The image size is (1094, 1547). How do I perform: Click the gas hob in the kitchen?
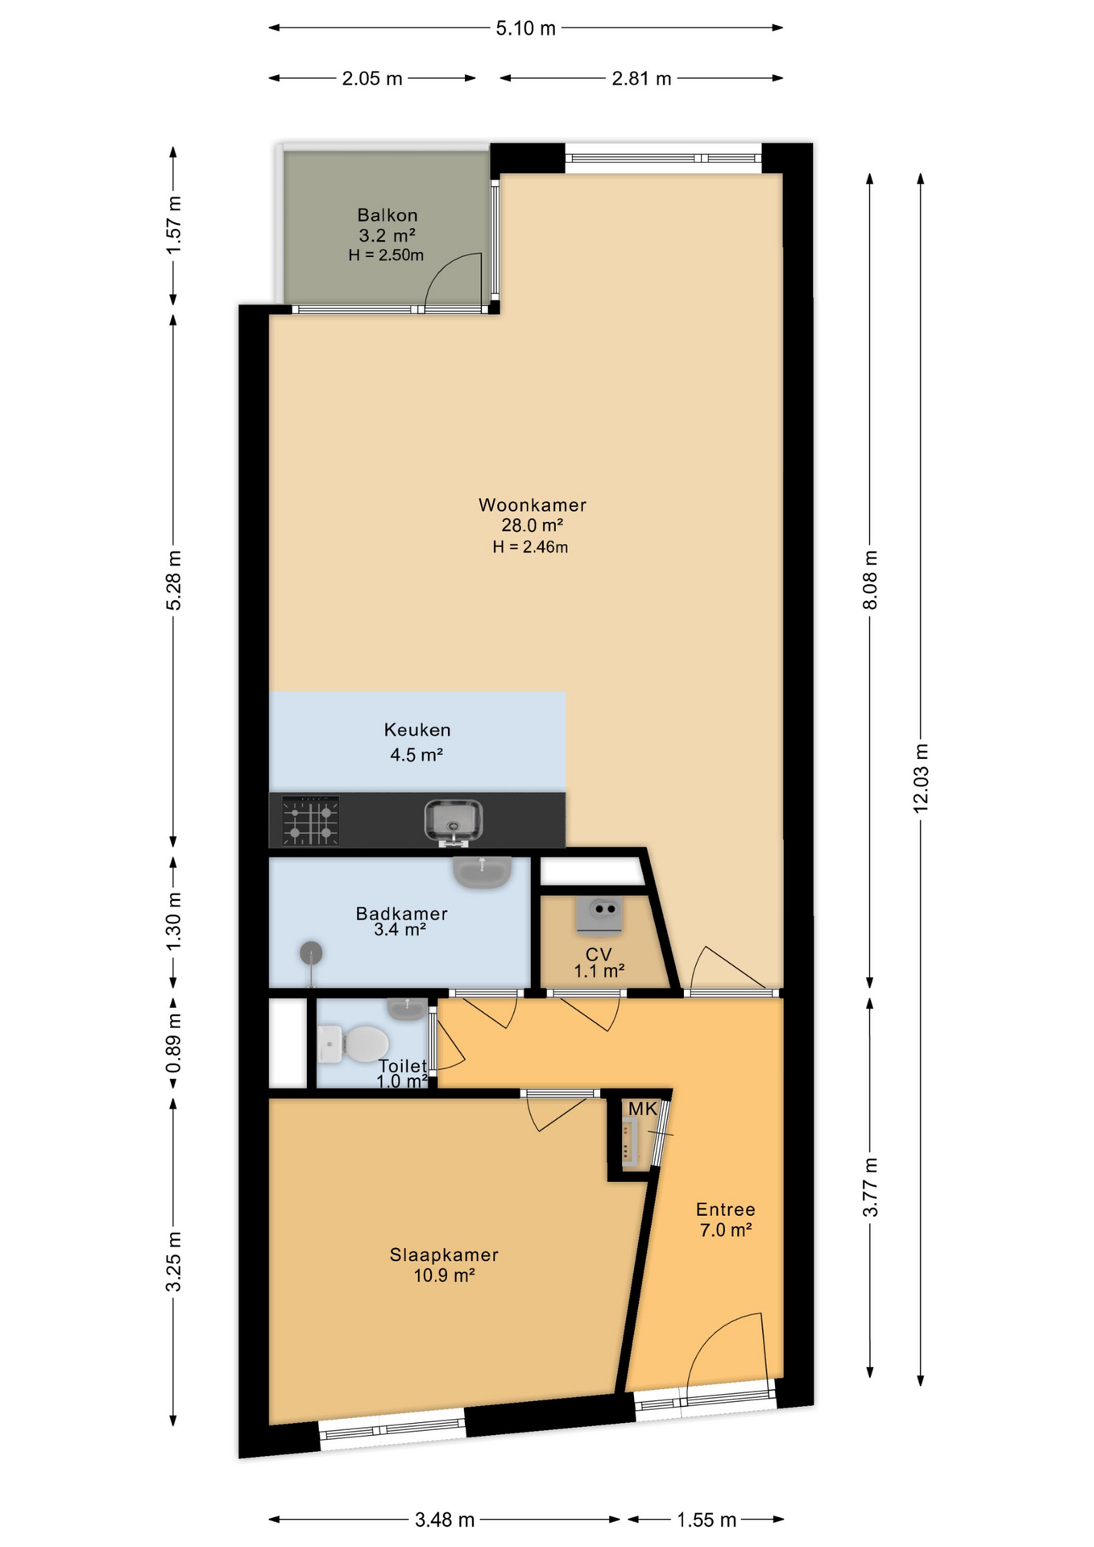[310, 821]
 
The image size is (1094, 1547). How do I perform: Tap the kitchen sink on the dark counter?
[454, 822]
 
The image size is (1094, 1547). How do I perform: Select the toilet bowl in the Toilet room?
[353, 1043]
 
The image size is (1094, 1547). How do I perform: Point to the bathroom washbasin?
[482, 872]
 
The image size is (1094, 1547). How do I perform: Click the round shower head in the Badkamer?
[311, 954]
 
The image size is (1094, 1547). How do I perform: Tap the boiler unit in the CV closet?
[599, 915]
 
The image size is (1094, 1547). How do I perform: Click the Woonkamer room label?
[532, 505]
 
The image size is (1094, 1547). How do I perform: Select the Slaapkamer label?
[444, 1255]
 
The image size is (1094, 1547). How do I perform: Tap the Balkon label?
[387, 215]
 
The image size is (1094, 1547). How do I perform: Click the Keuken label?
[417, 730]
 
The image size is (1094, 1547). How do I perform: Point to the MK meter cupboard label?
[643, 1109]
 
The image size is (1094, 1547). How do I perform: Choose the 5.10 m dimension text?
[526, 28]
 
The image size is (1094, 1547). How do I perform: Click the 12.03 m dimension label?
[921, 778]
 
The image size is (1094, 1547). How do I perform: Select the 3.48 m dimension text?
[445, 1520]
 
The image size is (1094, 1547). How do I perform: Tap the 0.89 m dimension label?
[173, 1043]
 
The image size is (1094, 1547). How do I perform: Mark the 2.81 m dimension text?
[641, 78]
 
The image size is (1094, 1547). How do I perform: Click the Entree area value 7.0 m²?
[726, 1230]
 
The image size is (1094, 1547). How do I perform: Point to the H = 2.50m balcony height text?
[386, 255]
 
